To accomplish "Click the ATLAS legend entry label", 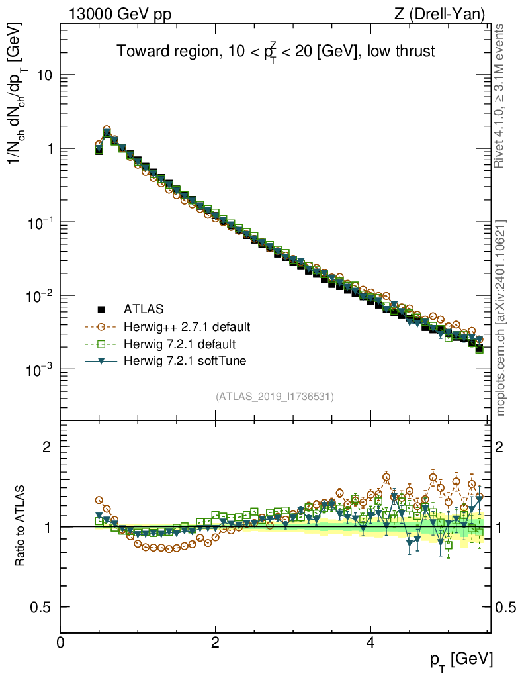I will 144,309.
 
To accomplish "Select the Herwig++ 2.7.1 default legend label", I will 187,326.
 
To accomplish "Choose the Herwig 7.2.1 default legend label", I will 180,344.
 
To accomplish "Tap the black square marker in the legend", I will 102,309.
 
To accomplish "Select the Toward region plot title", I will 275,52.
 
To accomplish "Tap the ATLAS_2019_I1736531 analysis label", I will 275,397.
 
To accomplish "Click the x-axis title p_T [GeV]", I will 460,659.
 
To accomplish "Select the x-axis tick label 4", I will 370,642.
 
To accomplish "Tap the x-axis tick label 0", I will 61,642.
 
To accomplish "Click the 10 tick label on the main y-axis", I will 44,75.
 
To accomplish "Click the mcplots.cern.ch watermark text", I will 502,318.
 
